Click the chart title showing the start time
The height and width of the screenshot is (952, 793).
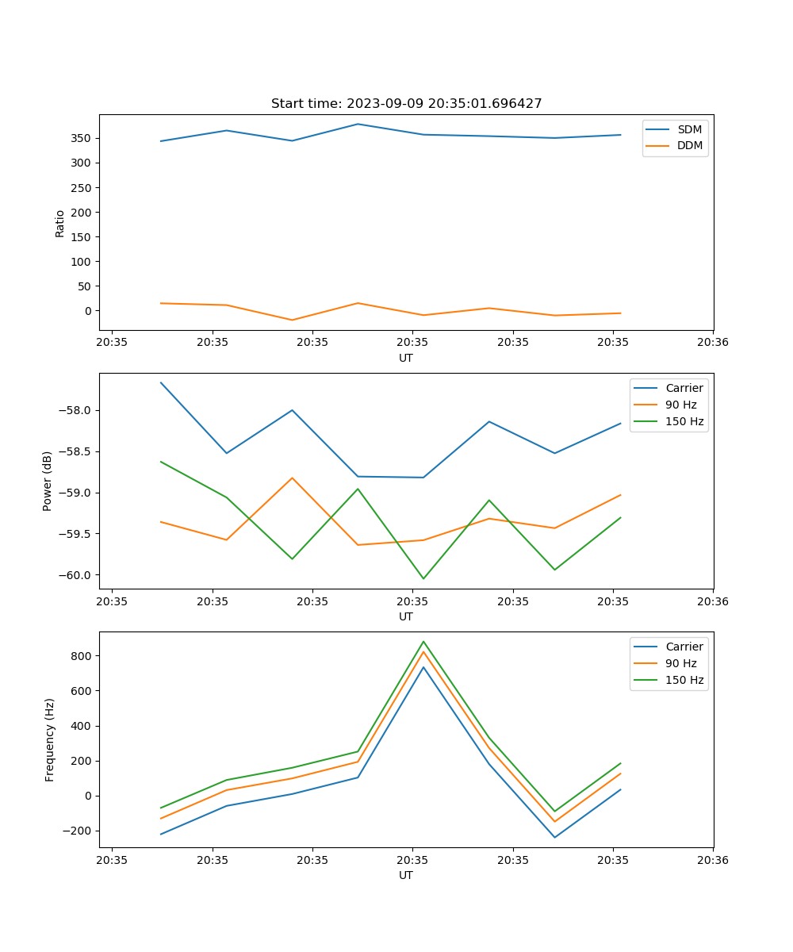[x=406, y=104]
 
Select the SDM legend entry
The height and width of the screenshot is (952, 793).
[x=689, y=129]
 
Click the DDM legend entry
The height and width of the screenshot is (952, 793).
[x=689, y=145]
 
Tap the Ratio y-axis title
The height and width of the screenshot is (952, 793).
[x=59, y=223]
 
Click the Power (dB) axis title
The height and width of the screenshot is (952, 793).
[x=48, y=481]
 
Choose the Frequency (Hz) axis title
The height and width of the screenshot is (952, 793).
[x=49, y=739]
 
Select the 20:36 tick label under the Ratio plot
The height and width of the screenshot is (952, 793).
[x=713, y=343]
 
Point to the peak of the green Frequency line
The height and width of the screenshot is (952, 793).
[x=423, y=641]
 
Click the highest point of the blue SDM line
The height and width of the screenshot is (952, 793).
[x=358, y=124]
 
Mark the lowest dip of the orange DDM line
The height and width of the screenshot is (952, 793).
[x=293, y=320]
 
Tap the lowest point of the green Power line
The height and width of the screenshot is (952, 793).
[x=423, y=578]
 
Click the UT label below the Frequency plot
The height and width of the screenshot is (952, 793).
[x=406, y=875]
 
